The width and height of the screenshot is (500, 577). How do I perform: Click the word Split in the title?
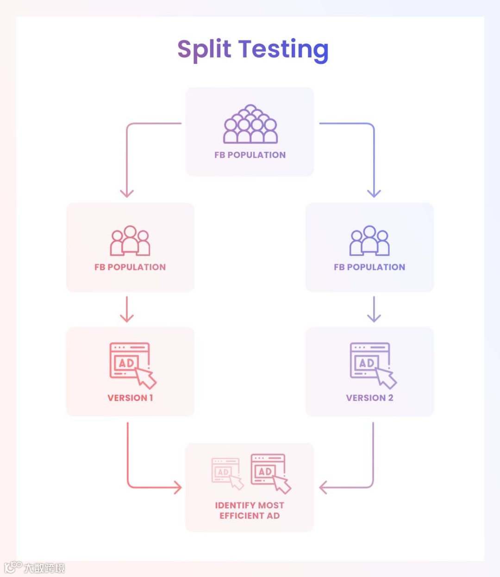coord(204,50)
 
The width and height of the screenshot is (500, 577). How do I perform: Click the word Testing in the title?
coord(283,50)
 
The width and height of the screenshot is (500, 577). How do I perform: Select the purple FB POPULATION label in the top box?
coord(250,155)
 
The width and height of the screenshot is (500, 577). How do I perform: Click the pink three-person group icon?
coord(130,240)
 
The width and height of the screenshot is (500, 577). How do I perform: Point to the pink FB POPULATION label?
coord(130,267)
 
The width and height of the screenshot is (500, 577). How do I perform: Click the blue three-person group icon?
coord(369,240)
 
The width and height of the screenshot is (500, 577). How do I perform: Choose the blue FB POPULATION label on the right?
coord(369,267)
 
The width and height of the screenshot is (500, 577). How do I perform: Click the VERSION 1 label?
coord(130,398)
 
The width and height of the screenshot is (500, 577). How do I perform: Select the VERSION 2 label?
coord(369,398)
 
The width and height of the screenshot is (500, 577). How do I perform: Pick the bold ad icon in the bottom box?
coord(270,473)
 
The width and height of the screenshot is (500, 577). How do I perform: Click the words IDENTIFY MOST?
coord(250,505)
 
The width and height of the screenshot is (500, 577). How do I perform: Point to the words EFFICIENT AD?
coord(250,516)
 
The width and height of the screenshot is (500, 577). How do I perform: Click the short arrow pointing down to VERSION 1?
coord(127,309)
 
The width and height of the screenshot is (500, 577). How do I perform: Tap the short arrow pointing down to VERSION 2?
coord(374,309)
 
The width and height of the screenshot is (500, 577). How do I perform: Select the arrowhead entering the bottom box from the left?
coord(177,487)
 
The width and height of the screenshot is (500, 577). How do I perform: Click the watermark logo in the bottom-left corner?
coord(13,567)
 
